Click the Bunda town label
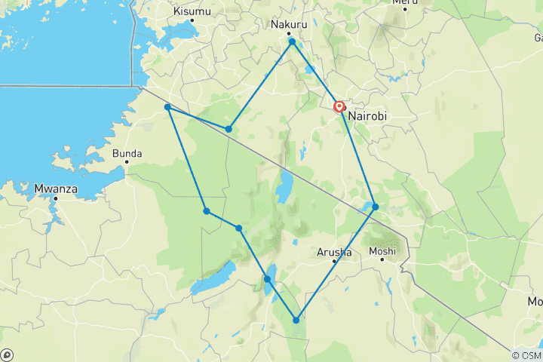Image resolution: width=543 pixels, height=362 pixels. pos(127,154)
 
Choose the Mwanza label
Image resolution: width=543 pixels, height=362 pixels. pos(56,189)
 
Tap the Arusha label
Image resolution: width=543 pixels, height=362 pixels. pos(334,252)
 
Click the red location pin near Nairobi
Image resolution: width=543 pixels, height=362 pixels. pos(340,108)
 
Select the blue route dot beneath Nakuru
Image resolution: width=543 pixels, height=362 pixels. pos(292,41)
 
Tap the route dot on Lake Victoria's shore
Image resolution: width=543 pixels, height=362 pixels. pos(167,107)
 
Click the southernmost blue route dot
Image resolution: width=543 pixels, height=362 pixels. pos(296,321)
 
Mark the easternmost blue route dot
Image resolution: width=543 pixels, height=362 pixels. pos(375,207)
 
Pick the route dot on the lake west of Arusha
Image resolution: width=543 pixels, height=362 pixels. pos(267,279)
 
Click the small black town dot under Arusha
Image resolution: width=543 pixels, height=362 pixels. pos(334,262)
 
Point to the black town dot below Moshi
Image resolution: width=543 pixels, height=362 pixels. pos(383,260)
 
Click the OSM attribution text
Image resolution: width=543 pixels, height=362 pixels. pos(526,355)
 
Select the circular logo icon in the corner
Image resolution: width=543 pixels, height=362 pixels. pos(7,354)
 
